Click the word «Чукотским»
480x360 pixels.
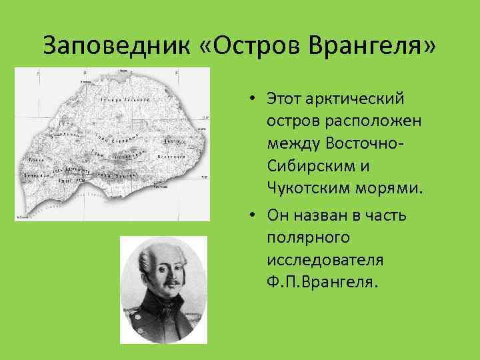(311, 187)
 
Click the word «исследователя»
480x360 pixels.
(321, 259)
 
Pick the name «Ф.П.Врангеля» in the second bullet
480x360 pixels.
(321, 281)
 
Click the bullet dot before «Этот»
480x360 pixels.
(255, 99)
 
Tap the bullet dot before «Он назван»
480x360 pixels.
(255, 215)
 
